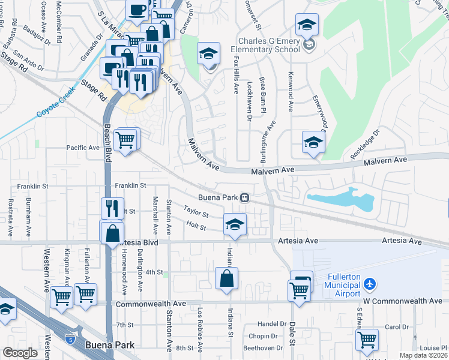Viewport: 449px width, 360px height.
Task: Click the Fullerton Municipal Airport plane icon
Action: click(370, 283)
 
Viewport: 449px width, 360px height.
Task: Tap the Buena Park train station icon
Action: click(245, 197)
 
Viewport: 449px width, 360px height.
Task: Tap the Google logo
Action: click(20, 353)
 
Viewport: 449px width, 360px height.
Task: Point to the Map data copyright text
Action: click(423, 355)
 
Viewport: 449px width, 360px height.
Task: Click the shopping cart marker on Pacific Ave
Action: click(125, 140)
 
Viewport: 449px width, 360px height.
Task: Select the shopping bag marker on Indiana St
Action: click(226, 279)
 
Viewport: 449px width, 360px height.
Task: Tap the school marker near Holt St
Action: click(235, 225)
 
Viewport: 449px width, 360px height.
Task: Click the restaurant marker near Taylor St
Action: click(112, 209)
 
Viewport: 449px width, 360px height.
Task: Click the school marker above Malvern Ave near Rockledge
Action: click(313, 143)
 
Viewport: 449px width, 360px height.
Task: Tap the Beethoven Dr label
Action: click(263, 348)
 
